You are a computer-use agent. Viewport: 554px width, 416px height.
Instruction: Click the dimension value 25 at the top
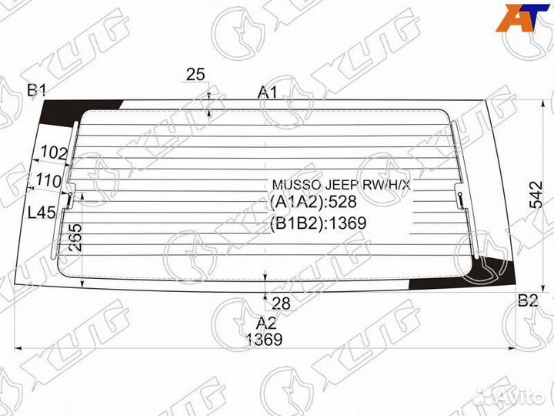click(x=195, y=75)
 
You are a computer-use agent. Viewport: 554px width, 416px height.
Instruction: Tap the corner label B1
click(x=36, y=91)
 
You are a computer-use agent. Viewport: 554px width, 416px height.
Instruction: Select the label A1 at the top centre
click(x=268, y=92)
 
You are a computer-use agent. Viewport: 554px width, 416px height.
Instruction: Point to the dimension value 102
click(x=54, y=153)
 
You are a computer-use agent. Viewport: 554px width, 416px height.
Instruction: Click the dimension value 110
click(x=48, y=181)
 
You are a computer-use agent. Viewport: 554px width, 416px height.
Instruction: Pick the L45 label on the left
click(x=42, y=213)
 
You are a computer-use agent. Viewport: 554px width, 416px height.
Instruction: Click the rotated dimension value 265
click(x=75, y=237)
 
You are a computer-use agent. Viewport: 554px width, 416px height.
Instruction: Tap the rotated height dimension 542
click(x=536, y=195)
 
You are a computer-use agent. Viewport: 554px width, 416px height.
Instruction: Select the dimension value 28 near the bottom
click(x=282, y=304)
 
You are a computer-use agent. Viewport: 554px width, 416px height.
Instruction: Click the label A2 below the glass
click(x=266, y=323)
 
